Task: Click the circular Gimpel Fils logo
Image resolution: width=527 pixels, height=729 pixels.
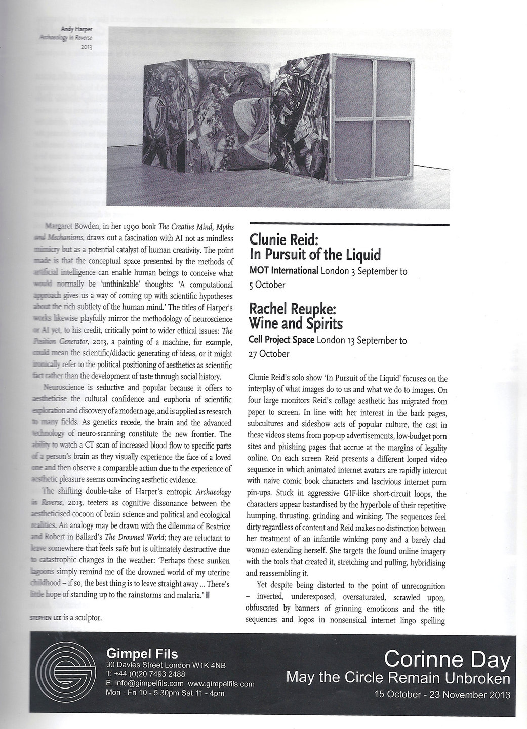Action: (66, 668)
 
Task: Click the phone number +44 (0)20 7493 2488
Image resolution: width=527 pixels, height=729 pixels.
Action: (145, 674)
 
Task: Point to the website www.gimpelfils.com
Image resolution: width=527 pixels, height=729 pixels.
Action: (224, 684)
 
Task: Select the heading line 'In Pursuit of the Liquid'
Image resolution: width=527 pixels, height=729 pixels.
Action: (315, 254)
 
